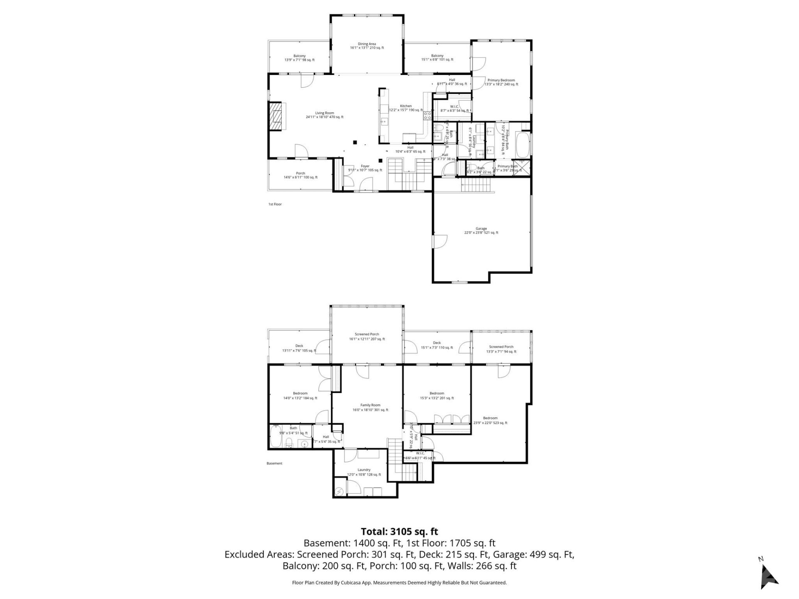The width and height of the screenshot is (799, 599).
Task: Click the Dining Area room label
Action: [367, 46]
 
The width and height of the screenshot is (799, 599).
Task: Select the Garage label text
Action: [481, 230]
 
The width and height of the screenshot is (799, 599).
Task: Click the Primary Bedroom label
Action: [501, 82]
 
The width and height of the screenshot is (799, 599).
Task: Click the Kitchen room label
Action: [406, 108]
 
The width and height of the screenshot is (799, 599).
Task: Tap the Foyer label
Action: [365, 168]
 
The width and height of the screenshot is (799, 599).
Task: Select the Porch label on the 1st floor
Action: [300, 175]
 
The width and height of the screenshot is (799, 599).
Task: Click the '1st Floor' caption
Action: [275, 204]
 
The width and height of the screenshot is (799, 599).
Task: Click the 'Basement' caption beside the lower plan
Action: [274, 463]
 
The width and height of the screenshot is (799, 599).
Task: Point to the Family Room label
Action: [370, 407]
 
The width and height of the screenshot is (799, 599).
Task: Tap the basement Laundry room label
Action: [364, 472]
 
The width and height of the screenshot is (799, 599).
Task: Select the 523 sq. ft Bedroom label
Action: [490, 420]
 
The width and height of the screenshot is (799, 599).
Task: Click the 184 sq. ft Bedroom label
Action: [300, 396]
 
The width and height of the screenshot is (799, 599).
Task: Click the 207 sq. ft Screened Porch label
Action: [367, 337]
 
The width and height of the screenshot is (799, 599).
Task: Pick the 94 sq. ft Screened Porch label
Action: [501, 349]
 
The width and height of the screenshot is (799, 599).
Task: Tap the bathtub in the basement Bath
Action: [275, 437]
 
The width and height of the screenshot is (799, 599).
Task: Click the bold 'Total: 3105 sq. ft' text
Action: [399, 531]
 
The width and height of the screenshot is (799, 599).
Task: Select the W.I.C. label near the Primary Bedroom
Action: [454, 108]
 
